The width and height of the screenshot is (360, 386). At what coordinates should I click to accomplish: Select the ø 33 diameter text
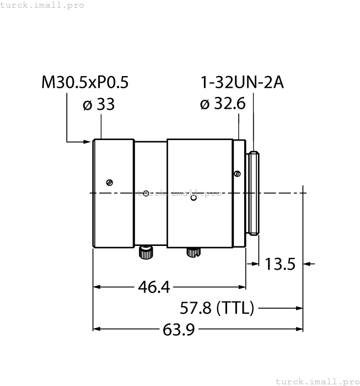tap(99, 104)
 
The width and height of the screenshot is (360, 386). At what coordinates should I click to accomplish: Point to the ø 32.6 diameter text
tap(223, 104)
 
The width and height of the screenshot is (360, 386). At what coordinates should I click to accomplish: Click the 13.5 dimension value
tap(281, 264)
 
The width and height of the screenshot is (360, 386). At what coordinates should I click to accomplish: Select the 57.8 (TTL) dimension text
tap(217, 308)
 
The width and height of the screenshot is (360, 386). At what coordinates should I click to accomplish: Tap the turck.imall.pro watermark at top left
tap(42, 5)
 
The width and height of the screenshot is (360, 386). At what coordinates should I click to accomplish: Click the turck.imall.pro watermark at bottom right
tap(317, 381)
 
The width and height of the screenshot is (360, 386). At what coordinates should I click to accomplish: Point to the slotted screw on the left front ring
tap(110, 183)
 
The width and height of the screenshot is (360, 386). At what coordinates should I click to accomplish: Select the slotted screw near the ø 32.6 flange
tap(237, 174)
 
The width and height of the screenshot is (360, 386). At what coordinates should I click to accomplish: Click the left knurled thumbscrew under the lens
tap(146, 252)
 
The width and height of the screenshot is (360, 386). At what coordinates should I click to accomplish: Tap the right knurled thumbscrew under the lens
tap(192, 252)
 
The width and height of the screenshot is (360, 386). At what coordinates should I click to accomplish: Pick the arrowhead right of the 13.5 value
tap(308, 264)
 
